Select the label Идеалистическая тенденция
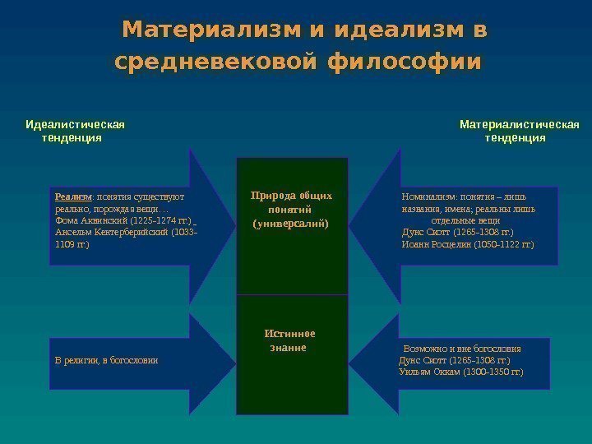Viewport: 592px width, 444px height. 75,131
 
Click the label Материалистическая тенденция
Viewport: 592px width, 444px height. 519,131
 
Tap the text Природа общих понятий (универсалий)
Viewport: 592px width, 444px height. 291,209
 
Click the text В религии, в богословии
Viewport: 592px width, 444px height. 106,360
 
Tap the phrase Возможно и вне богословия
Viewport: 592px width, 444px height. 462,349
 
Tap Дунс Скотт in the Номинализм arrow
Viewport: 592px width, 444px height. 422,233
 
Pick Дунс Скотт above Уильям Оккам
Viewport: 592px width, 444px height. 419,360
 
